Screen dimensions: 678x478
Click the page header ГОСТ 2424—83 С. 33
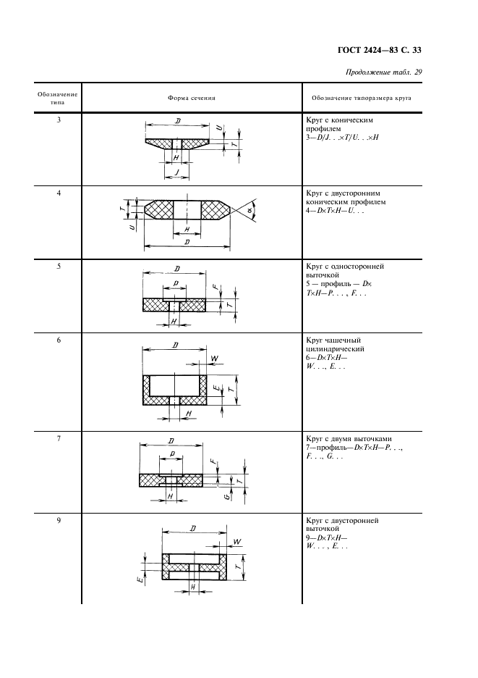coord(380,50)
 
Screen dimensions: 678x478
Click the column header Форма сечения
coord(192,98)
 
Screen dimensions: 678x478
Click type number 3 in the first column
coord(58,119)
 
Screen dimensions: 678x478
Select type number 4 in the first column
coord(58,193)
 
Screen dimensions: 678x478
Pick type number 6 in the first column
coord(58,340)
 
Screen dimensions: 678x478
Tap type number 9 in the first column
coord(58,520)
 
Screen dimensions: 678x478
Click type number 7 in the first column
coord(58,439)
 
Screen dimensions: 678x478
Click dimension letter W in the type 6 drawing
coord(215,358)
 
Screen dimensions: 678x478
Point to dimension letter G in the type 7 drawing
coord(226,497)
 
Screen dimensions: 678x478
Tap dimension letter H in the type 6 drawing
coord(189,414)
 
